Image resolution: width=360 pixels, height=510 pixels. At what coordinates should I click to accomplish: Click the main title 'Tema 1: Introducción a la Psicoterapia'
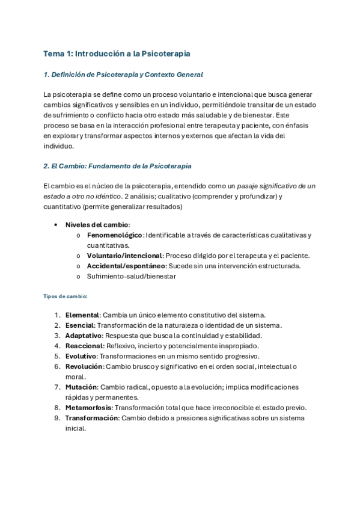click(x=117, y=54)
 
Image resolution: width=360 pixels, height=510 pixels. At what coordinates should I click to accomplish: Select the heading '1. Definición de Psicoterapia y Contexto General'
click(x=123, y=75)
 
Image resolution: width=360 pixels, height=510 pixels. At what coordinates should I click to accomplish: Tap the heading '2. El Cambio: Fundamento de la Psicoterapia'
click(x=118, y=165)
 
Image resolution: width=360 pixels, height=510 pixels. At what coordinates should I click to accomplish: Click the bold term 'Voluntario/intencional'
click(x=124, y=255)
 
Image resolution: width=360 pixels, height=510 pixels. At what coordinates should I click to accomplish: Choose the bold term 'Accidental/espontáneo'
click(x=125, y=265)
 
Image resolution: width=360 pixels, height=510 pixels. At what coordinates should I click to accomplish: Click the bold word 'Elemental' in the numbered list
click(x=82, y=315)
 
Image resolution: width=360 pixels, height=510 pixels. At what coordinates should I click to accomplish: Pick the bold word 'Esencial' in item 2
click(x=79, y=325)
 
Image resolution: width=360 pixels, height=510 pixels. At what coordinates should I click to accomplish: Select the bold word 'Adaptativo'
click(x=84, y=335)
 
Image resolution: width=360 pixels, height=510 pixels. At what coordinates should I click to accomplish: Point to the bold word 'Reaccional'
click(x=84, y=346)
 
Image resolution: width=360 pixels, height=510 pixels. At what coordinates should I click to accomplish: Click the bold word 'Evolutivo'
click(x=81, y=356)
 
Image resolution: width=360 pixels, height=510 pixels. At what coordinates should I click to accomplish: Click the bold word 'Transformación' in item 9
click(x=91, y=417)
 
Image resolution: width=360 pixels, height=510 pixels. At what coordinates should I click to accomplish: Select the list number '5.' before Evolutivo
click(x=57, y=356)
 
